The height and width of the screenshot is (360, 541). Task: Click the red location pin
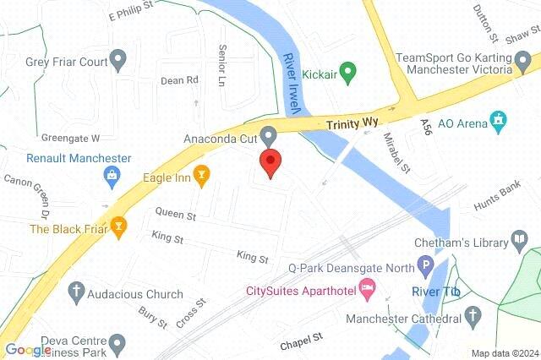click(270, 162)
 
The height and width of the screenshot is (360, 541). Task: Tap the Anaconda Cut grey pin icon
click(269, 135)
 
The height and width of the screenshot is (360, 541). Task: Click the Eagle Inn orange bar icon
click(201, 177)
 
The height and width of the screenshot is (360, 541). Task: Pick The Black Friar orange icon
click(120, 227)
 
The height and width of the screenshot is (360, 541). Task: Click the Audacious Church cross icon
click(75, 294)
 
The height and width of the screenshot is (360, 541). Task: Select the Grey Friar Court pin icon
click(118, 60)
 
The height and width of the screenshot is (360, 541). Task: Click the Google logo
click(28, 351)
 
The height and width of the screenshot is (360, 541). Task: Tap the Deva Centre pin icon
click(118, 343)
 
